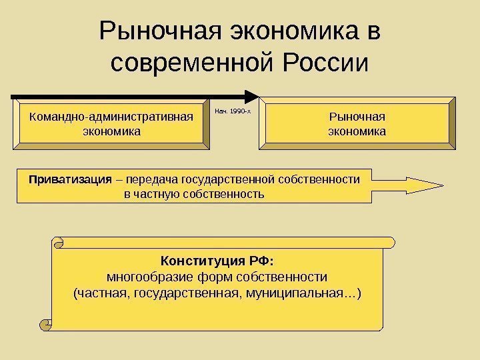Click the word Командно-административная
click(111, 117)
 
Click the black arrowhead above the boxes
click(251, 96)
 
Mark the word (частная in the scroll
click(101, 292)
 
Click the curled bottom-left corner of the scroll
click(47, 324)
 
